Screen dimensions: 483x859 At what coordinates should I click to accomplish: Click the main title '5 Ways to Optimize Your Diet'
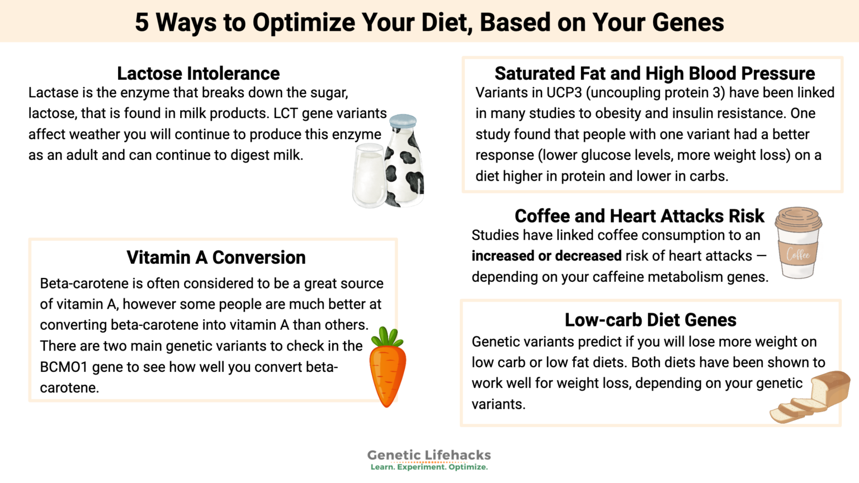coord(429,22)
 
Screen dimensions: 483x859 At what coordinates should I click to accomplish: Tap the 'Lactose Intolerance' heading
coord(198,73)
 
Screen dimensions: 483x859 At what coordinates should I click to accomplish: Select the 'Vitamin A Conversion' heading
coord(216,257)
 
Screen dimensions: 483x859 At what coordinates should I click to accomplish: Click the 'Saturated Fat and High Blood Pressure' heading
coord(654,73)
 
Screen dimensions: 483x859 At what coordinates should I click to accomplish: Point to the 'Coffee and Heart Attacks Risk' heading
coord(639,216)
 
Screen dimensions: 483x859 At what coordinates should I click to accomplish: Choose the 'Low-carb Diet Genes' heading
coord(650,320)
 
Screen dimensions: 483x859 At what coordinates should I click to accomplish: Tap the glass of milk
coord(369,176)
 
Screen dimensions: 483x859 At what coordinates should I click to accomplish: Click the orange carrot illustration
coord(388,372)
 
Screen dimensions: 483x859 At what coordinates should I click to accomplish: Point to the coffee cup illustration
coord(798,243)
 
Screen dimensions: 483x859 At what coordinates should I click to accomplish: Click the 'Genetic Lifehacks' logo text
coord(429,455)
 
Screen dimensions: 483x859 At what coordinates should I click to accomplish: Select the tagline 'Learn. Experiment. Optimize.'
coord(429,467)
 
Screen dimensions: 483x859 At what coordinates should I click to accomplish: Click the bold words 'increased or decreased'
coord(546,256)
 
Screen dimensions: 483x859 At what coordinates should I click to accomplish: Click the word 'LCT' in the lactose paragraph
coord(285,113)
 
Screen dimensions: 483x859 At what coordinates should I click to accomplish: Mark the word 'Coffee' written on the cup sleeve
coord(798,254)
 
